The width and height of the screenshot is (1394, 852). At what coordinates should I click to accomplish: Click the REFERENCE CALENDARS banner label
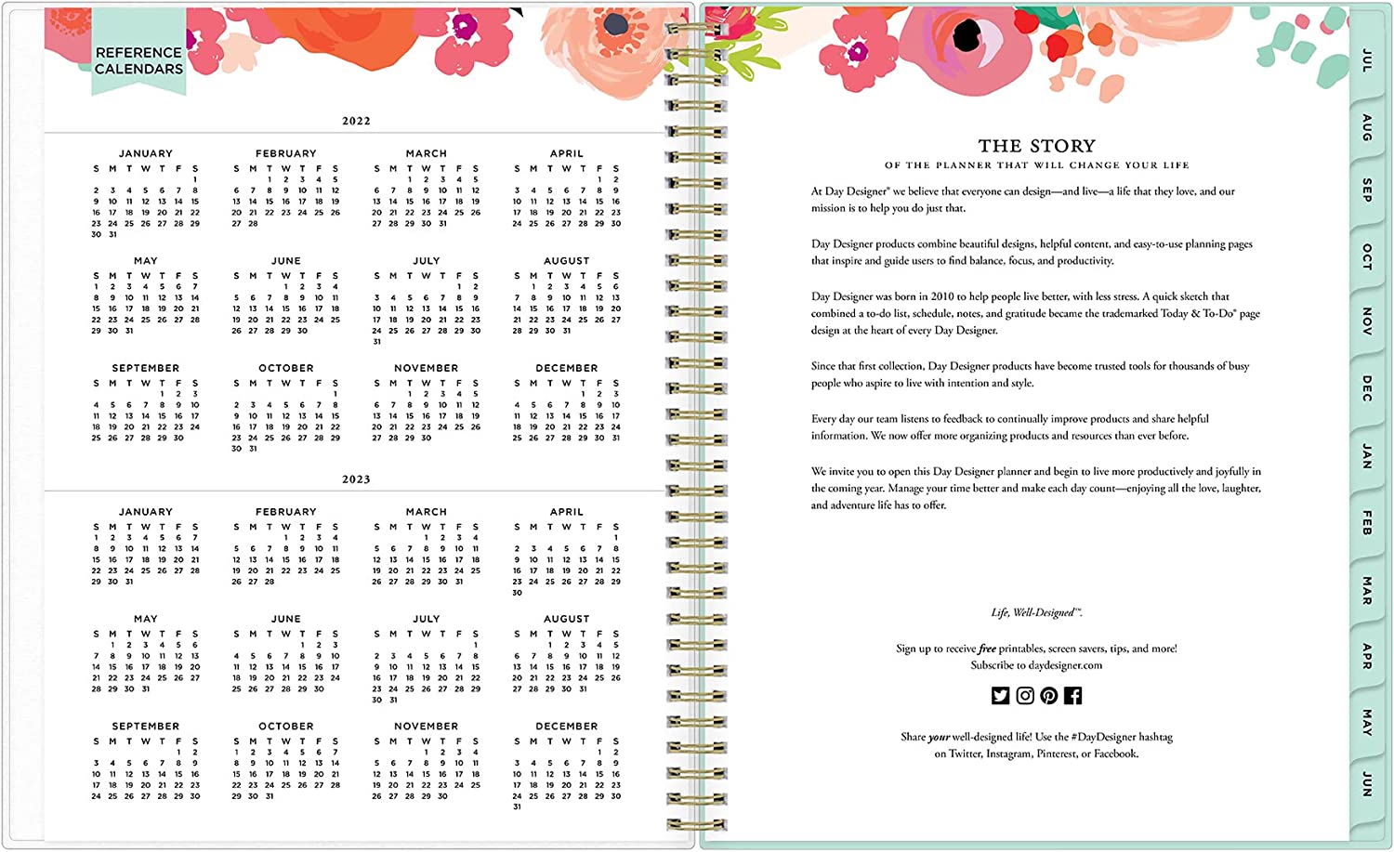(138, 60)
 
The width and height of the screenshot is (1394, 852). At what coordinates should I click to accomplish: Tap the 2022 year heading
(356, 121)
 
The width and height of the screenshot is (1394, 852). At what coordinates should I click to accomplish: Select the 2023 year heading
(356, 479)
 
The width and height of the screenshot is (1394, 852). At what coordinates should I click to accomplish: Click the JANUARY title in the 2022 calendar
(146, 153)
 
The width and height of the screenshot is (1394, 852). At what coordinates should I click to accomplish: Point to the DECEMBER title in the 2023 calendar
(567, 727)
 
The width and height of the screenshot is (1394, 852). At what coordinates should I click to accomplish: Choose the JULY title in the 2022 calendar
(427, 261)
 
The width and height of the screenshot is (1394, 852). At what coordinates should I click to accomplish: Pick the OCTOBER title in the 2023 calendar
(286, 727)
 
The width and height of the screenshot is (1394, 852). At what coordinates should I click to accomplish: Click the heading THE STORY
(1036, 146)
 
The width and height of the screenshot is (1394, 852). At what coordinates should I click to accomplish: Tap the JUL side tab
(1366, 60)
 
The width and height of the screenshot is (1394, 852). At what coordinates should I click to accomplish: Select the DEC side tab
(1366, 388)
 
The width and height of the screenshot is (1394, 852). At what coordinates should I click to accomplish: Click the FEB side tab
(1366, 522)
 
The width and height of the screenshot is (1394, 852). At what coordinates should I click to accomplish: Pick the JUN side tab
(1366, 783)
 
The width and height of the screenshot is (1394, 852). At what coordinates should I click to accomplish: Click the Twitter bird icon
(1000, 696)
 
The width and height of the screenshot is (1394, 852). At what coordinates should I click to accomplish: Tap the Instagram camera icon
(1025, 696)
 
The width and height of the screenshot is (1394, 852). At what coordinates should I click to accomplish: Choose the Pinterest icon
(1049, 696)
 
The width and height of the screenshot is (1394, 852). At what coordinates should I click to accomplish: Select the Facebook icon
(1073, 696)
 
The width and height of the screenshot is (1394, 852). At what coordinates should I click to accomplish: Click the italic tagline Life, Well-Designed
(1036, 612)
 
